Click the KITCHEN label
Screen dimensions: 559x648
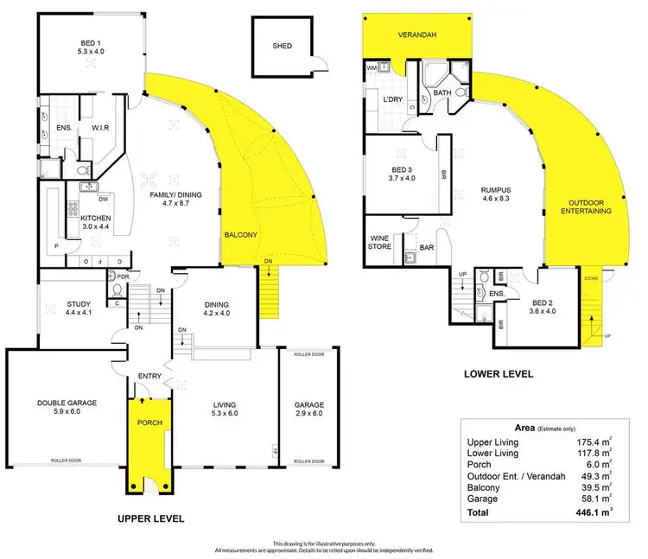[x=98, y=219]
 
